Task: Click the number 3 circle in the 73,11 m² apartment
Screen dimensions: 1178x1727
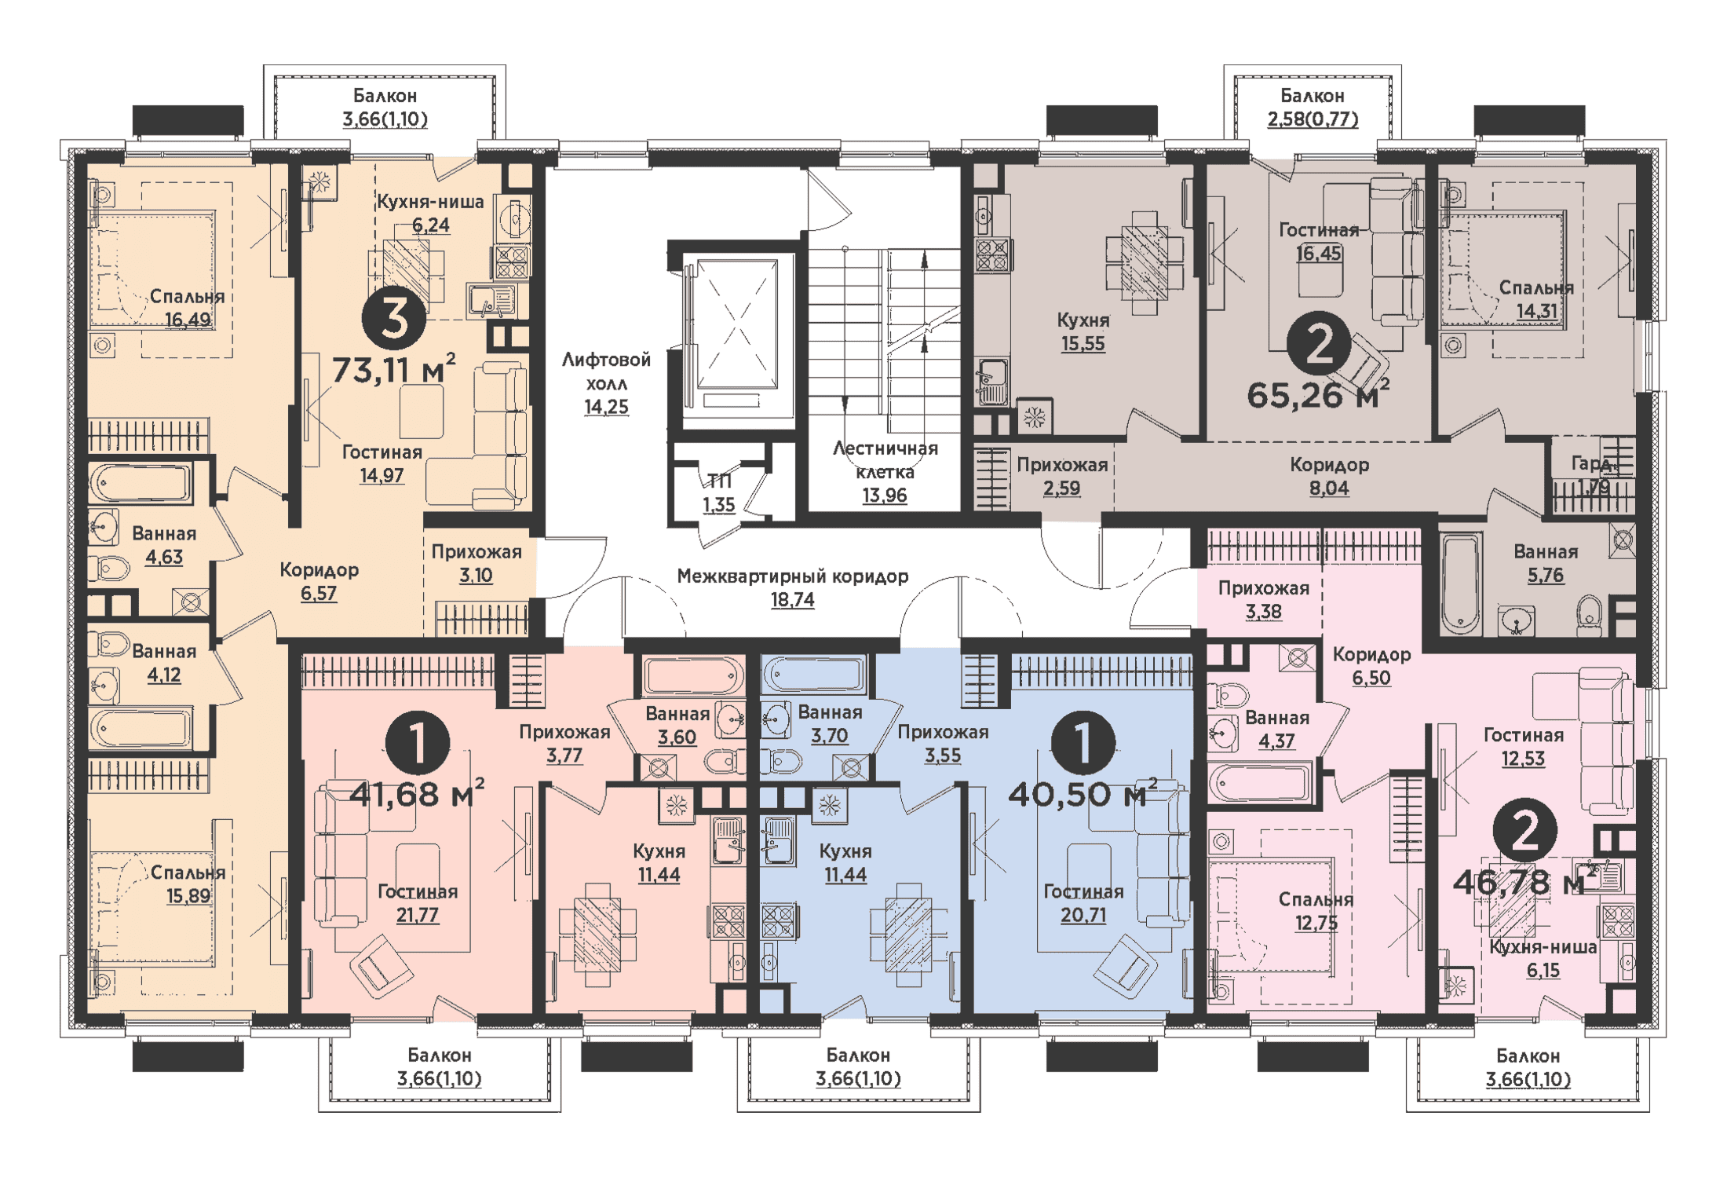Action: click(x=393, y=319)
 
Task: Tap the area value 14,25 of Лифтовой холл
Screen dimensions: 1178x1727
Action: click(x=606, y=407)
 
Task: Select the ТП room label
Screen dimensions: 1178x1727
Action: click(x=719, y=481)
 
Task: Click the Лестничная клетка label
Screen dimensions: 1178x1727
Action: click(x=885, y=460)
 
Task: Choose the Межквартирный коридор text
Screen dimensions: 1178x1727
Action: click(x=792, y=576)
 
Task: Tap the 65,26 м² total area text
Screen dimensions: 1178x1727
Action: click(x=1317, y=395)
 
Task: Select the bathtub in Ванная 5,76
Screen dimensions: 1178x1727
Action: click(x=1461, y=581)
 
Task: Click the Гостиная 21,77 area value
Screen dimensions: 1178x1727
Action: click(x=418, y=915)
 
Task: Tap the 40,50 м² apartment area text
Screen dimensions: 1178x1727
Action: click(x=1082, y=795)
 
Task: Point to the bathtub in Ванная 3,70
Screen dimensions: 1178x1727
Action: click(x=815, y=674)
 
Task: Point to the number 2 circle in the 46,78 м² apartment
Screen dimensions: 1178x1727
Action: click(x=1524, y=831)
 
